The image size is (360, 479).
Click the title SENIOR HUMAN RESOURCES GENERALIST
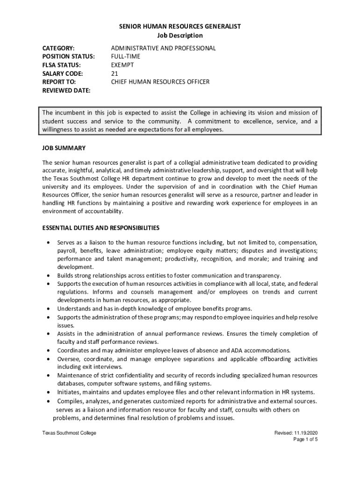click(180, 27)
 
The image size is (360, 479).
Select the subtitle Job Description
click(180, 36)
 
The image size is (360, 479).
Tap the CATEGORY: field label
click(58, 48)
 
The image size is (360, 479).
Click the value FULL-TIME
click(125, 57)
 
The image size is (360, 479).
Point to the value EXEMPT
click(122, 65)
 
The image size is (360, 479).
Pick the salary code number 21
click(115, 73)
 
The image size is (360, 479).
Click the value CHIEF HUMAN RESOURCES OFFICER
click(160, 82)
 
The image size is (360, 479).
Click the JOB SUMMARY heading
click(64, 148)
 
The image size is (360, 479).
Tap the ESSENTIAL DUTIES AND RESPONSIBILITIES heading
click(101, 228)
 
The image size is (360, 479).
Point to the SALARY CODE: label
click(63, 73)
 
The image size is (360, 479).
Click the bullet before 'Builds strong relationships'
click(49, 276)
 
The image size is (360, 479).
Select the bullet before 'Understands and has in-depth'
click(49, 309)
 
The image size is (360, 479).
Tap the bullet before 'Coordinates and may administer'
click(49, 351)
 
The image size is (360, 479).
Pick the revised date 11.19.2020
click(307, 433)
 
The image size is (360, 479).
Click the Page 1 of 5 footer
click(305, 440)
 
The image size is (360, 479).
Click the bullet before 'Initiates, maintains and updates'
click(49, 392)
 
